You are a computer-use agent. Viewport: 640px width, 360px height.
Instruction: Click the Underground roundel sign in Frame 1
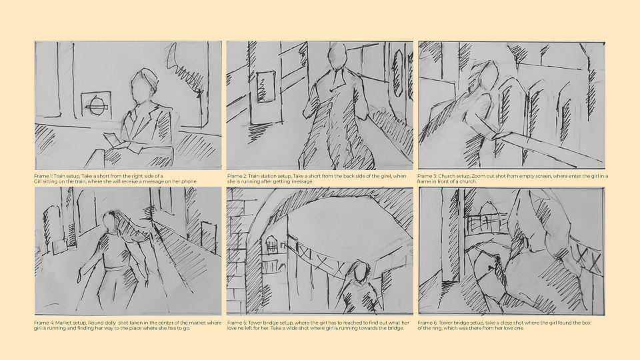pyautogui.click(x=97, y=106)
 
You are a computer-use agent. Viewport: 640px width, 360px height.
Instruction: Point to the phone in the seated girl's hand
pyautogui.click(x=112, y=139)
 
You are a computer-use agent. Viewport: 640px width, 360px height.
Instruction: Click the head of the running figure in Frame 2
pyautogui.click(x=337, y=56)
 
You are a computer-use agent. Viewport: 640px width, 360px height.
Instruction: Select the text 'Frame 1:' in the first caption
pyautogui.click(x=43, y=176)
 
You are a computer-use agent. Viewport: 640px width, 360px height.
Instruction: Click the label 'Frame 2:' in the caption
pyautogui.click(x=237, y=176)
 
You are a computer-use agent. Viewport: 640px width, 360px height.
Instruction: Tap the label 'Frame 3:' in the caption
pyautogui.click(x=427, y=176)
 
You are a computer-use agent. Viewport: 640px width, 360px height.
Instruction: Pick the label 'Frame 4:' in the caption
pyautogui.click(x=44, y=323)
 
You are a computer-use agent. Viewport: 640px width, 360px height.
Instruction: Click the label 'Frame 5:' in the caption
pyautogui.click(x=237, y=323)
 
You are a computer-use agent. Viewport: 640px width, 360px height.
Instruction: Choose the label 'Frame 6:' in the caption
pyautogui.click(x=427, y=323)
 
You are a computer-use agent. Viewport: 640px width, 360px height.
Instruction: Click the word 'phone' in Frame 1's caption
pyautogui.click(x=190, y=181)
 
